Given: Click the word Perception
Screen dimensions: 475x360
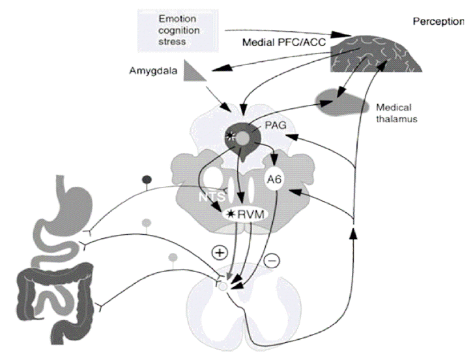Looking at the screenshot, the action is [x=439, y=21].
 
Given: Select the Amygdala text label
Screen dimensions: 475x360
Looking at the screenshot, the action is [x=153, y=71].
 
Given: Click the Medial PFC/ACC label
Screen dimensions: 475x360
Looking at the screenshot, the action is [x=284, y=42].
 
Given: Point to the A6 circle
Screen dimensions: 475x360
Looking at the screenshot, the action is [x=274, y=180].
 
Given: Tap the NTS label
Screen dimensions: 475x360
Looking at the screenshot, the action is [x=212, y=197].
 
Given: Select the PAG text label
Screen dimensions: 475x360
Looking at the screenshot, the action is [x=276, y=125].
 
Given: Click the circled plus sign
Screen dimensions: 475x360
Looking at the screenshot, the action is [x=220, y=253].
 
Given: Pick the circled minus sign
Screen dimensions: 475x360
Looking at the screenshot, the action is [x=272, y=260].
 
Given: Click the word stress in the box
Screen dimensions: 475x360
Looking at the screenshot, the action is [x=172, y=42].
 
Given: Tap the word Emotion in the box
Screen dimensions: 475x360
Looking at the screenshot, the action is [x=177, y=19].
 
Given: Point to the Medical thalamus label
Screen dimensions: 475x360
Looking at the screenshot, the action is [x=397, y=113].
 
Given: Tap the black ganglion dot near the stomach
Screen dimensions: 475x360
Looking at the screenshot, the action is [x=147, y=179].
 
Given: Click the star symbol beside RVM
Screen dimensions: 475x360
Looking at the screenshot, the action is [x=231, y=214].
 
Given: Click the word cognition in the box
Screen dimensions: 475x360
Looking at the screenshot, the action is [x=179, y=31].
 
